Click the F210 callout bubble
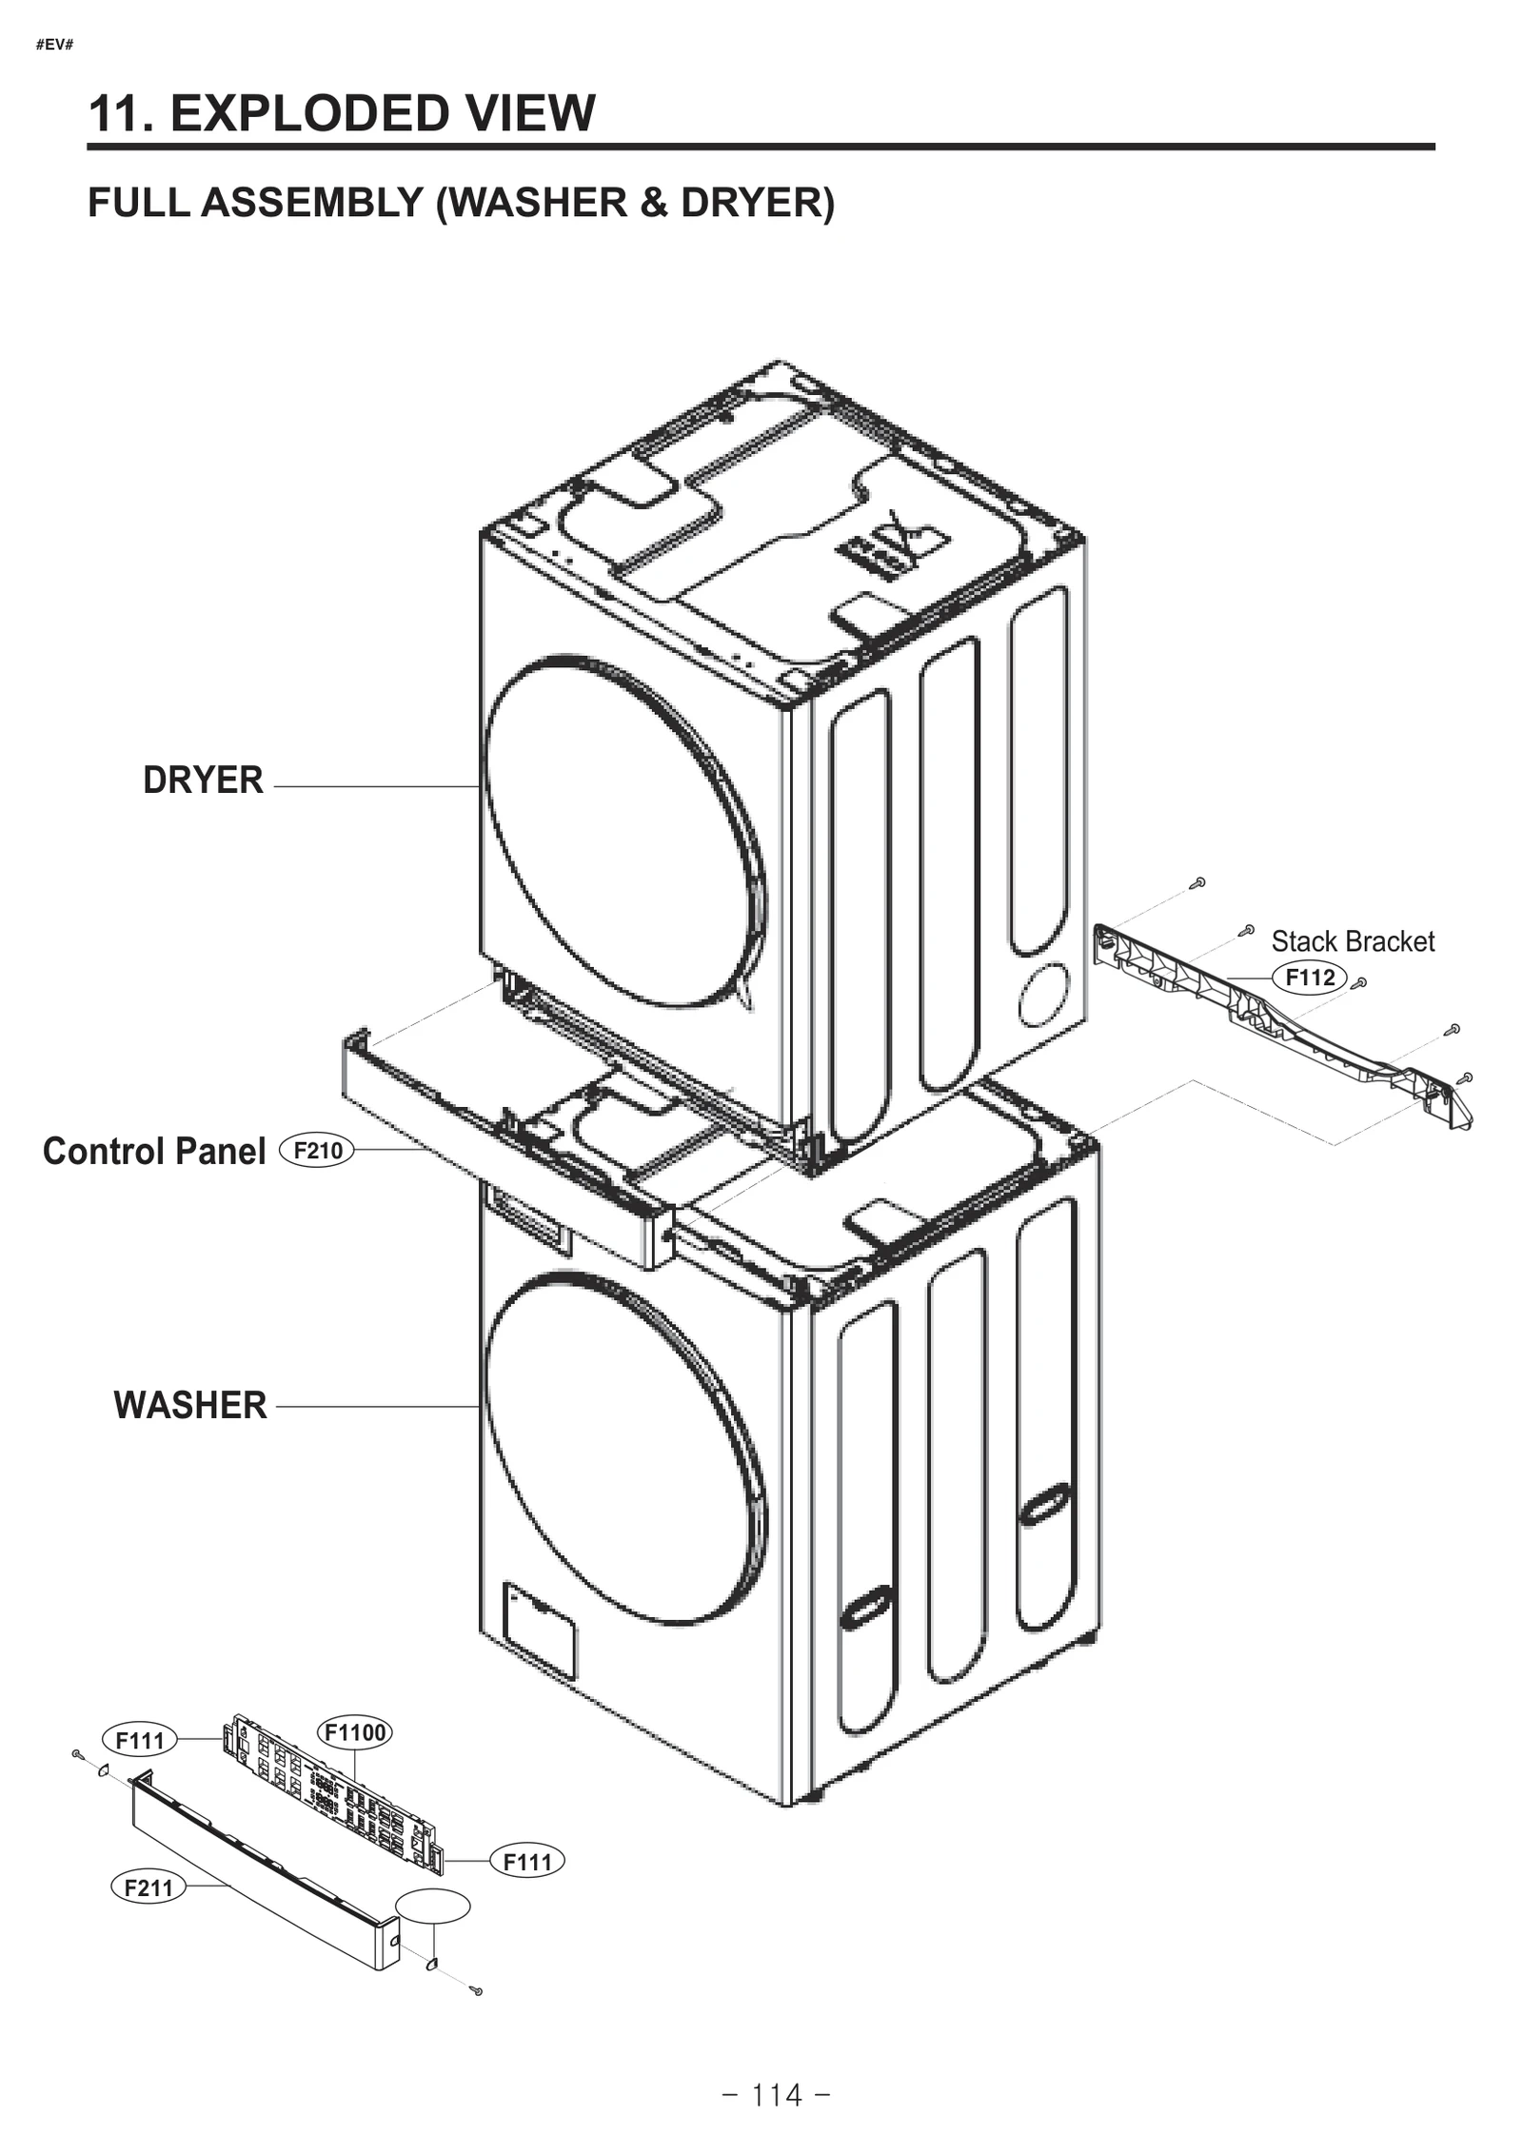click(x=317, y=1151)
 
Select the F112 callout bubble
click(x=1310, y=978)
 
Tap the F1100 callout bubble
click(x=354, y=1732)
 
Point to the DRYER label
click(x=203, y=781)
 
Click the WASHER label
click(x=190, y=1406)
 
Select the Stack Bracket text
click(x=1352, y=941)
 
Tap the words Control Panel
click(x=154, y=1152)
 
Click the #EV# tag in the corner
click(x=54, y=45)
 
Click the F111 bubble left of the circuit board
click(x=140, y=1740)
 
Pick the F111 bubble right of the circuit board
click(x=527, y=1862)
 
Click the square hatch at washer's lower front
click(x=539, y=1630)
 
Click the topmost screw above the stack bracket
click(x=1200, y=882)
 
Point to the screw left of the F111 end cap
click(x=76, y=1753)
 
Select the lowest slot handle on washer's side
click(x=865, y=1611)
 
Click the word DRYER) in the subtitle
click(x=757, y=203)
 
